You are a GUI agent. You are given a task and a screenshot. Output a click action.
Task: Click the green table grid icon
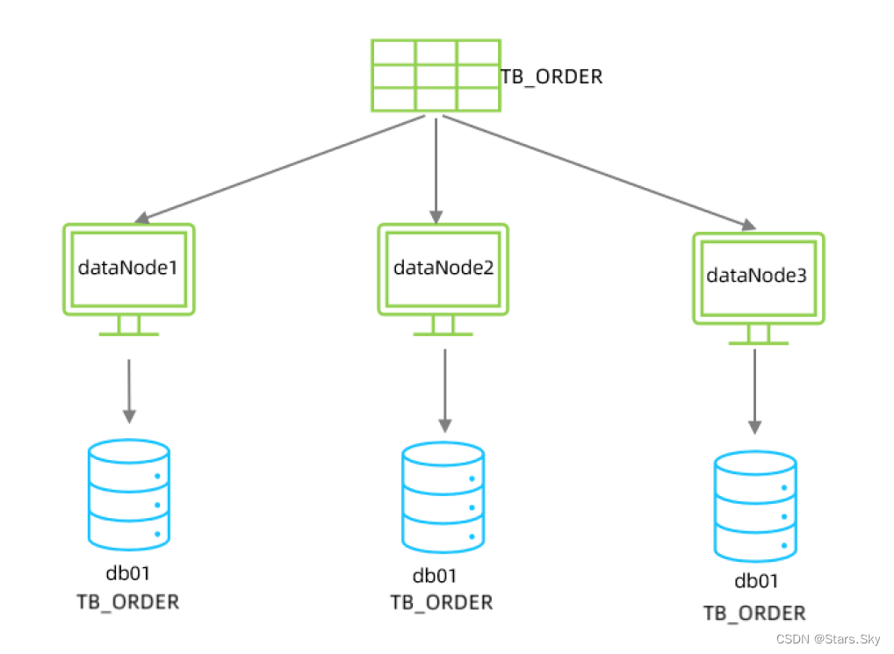435,75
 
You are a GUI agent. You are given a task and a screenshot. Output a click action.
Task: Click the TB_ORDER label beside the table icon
552,77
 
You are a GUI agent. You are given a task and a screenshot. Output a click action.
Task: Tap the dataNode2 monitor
443,270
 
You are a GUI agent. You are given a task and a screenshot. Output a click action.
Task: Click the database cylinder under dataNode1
129,493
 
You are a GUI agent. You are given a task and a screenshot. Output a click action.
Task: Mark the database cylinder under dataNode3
755,506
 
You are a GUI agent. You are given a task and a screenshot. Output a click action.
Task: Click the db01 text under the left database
128,576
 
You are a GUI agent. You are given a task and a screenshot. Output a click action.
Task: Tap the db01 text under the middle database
435,577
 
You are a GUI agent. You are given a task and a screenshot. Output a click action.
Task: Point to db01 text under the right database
756,581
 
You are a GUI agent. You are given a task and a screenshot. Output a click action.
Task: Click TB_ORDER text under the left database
128,602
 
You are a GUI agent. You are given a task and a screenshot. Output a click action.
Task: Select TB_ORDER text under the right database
754,613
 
